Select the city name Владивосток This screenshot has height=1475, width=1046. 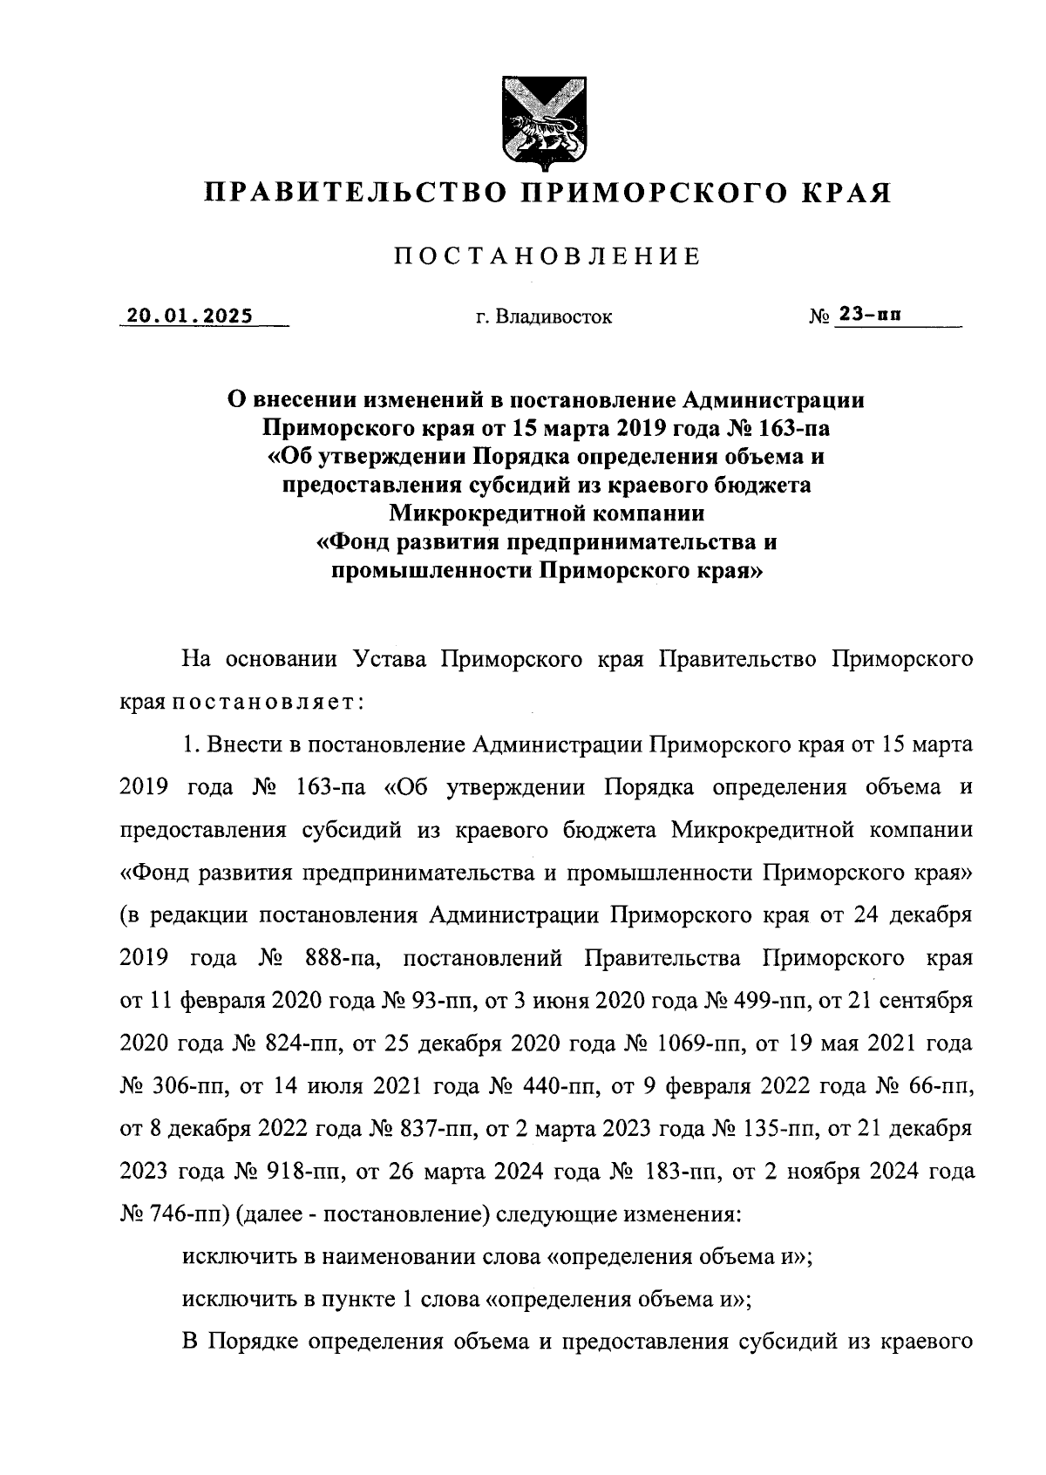[x=554, y=317]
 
